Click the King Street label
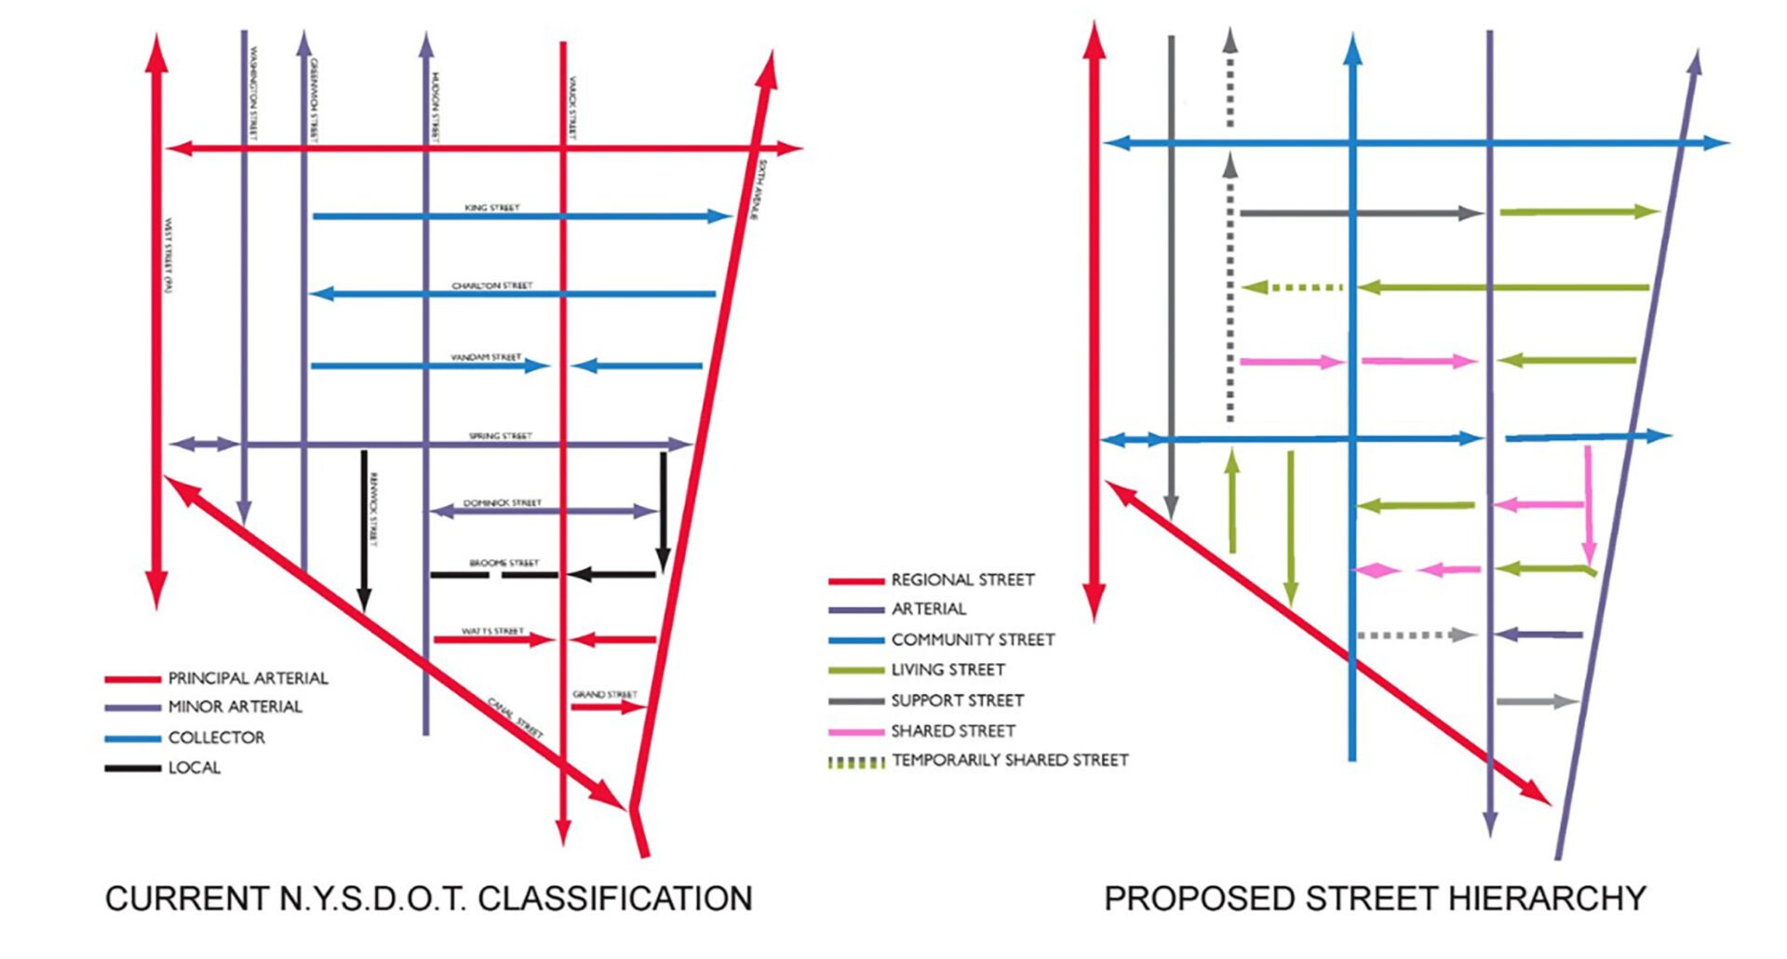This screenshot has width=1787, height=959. [x=492, y=207]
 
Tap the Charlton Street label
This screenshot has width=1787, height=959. [x=492, y=286]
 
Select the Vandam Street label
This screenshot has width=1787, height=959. [x=486, y=357]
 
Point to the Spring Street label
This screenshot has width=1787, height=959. [x=500, y=435]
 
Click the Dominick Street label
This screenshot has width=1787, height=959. [x=503, y=503]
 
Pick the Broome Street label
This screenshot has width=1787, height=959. [x=504, y=563]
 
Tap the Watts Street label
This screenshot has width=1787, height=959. [x=492, y=632]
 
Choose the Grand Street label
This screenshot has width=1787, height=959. [x=605, y=695]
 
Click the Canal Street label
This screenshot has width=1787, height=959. [x=516, y=718]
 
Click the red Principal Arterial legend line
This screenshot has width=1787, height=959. [x=132, y=679]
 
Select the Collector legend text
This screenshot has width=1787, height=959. [x=217, y=738]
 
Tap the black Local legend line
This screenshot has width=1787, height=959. [x=132, y=768]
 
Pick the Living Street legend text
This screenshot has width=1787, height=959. [x=947, y=670]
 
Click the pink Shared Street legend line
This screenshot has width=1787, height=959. [x=855, y=732]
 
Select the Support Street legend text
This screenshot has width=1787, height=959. [x=957, y=700]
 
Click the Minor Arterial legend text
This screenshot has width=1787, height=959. [x=235, y=707]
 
